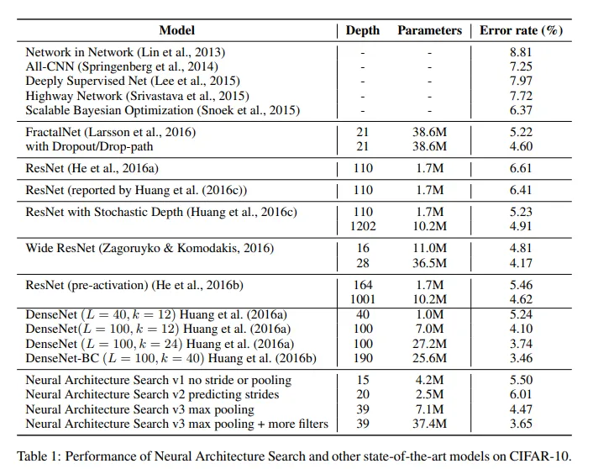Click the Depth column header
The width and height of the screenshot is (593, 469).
click(362, 30)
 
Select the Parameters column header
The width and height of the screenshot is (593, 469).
click(429, 30)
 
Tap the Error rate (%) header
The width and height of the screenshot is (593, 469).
click(521, 30)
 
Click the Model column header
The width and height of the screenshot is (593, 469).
click(177, 30)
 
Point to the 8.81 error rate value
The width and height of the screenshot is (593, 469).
click(521, 52)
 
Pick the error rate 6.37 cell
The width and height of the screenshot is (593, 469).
click(521, 110)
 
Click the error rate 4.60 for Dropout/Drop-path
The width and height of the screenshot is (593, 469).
click(521, 146)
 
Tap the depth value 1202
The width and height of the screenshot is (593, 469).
click(363, 226)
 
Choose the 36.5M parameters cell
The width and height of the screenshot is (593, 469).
click(429, 263)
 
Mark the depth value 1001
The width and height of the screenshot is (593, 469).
click(363, 299)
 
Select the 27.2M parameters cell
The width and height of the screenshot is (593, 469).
click(429, 344)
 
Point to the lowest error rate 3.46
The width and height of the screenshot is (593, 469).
click(521, 358)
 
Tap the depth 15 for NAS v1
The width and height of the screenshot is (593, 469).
click(363, 380)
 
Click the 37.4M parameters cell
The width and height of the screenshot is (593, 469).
click(429, 424)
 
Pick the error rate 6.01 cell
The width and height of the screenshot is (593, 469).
click(521, 394)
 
